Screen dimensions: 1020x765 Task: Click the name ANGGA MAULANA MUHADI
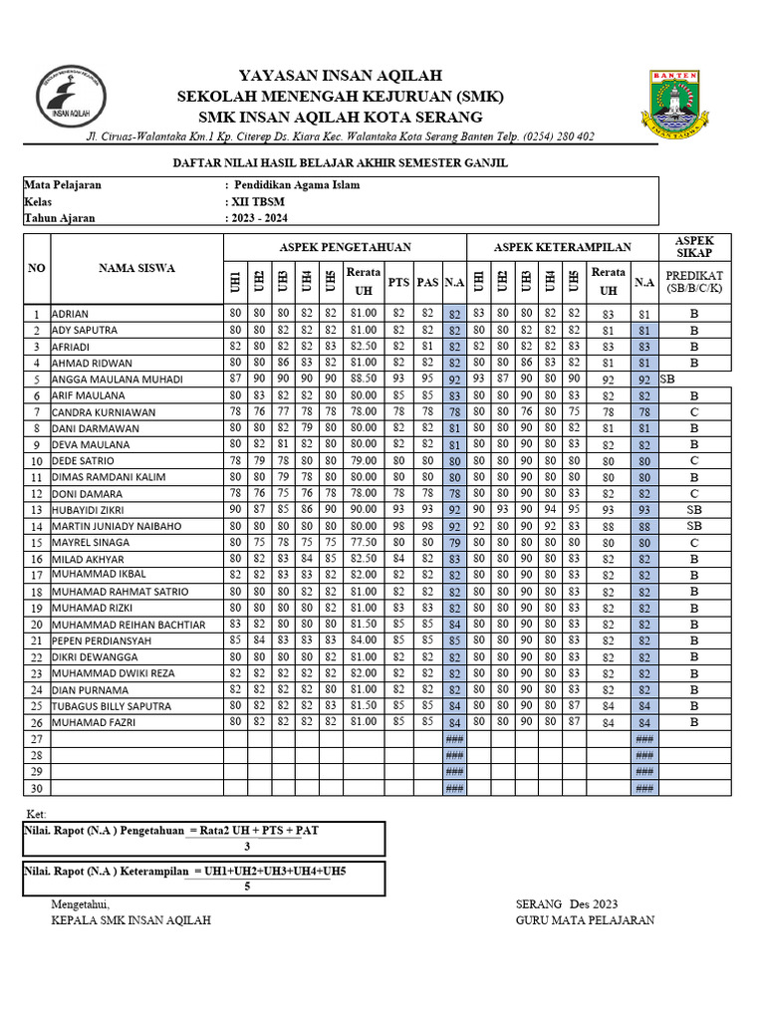pyautogui.click(x=117, y=380)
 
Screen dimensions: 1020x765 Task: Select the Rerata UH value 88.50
pyautogui.click(x=362, y=380)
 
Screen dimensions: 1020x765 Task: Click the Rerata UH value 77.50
pyautogui.click(x=362, y=542)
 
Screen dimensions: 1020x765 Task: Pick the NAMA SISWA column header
pyautogui.click(x=136, y=268)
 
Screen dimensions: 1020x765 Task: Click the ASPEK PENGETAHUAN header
pyautogui.click(x=345, y=247)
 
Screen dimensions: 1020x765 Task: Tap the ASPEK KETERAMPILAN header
pyautogui.click(x=562, y=247)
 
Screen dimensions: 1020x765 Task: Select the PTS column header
pyautogui.click(x=398, y=282)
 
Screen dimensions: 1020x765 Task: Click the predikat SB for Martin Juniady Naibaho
pyautogui.click(x=693, y=525)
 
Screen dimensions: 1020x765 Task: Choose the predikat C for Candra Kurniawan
pyautogui.click(x=693, y=411)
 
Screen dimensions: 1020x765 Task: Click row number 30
pyautogui.click(x=37, y=788)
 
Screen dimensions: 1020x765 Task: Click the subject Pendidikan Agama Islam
pyautogui.click(x=297, y=185)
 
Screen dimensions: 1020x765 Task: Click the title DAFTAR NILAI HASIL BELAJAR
pyautogui.click(x=341, y=161)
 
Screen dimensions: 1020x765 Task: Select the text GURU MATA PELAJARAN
pyautogui.click(x=585, y=919)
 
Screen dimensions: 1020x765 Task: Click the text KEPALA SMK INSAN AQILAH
pyautogui.click(x=130, y=919)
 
